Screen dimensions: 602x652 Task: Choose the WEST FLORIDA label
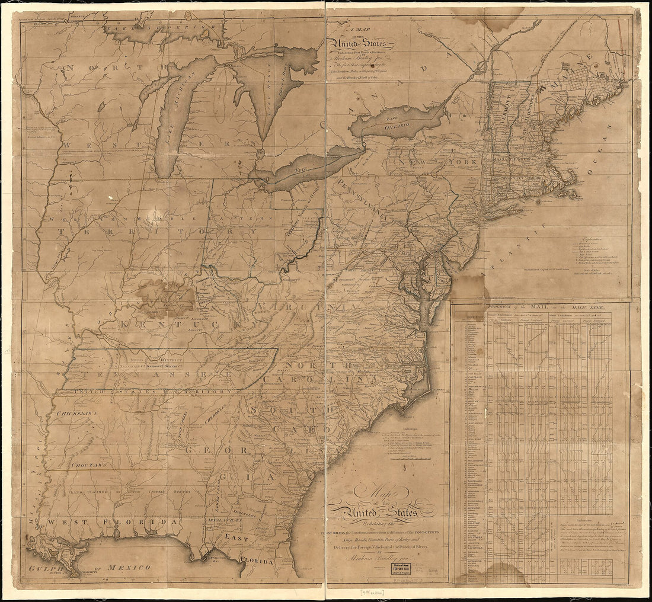point(113,522)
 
